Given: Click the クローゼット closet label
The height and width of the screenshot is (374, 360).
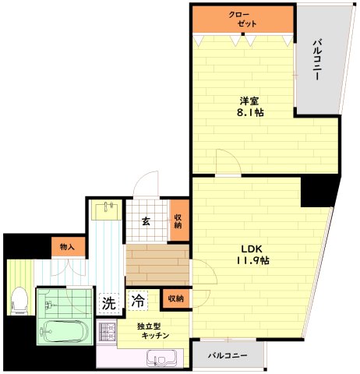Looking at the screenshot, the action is (x=242, y=19).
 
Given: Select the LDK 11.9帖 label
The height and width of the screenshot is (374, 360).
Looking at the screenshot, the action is (x=252, y=254).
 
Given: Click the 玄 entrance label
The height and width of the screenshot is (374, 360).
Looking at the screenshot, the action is (x=146, y=221).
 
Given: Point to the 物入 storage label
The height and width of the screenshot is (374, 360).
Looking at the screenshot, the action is (x=67, y=247).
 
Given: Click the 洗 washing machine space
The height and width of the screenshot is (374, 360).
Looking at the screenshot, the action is (x=108, y=303).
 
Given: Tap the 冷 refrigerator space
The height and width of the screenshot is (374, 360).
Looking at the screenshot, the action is (x=138, y=301).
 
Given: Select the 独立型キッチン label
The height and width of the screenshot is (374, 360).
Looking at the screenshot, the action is (x=154, y=330).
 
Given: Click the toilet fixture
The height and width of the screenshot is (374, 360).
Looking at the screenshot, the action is (x=19, y=300).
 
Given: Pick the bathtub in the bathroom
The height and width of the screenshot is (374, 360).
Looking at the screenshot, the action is (x=65, y=331).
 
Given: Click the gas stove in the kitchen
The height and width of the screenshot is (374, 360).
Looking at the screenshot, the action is (x=107, y=332).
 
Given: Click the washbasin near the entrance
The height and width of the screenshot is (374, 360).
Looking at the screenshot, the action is (x=108, y=210).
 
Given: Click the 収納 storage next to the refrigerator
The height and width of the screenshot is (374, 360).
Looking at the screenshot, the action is (x=176, y=298).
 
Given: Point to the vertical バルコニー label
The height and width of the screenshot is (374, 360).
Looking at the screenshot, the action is (x=317, y=59).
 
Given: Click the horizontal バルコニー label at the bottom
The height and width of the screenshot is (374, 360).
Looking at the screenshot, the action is (x=228, y=355).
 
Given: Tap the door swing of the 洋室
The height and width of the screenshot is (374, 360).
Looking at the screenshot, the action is (x=228, y=161).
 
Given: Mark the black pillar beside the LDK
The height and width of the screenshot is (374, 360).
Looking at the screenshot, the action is (x=319, y=191).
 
